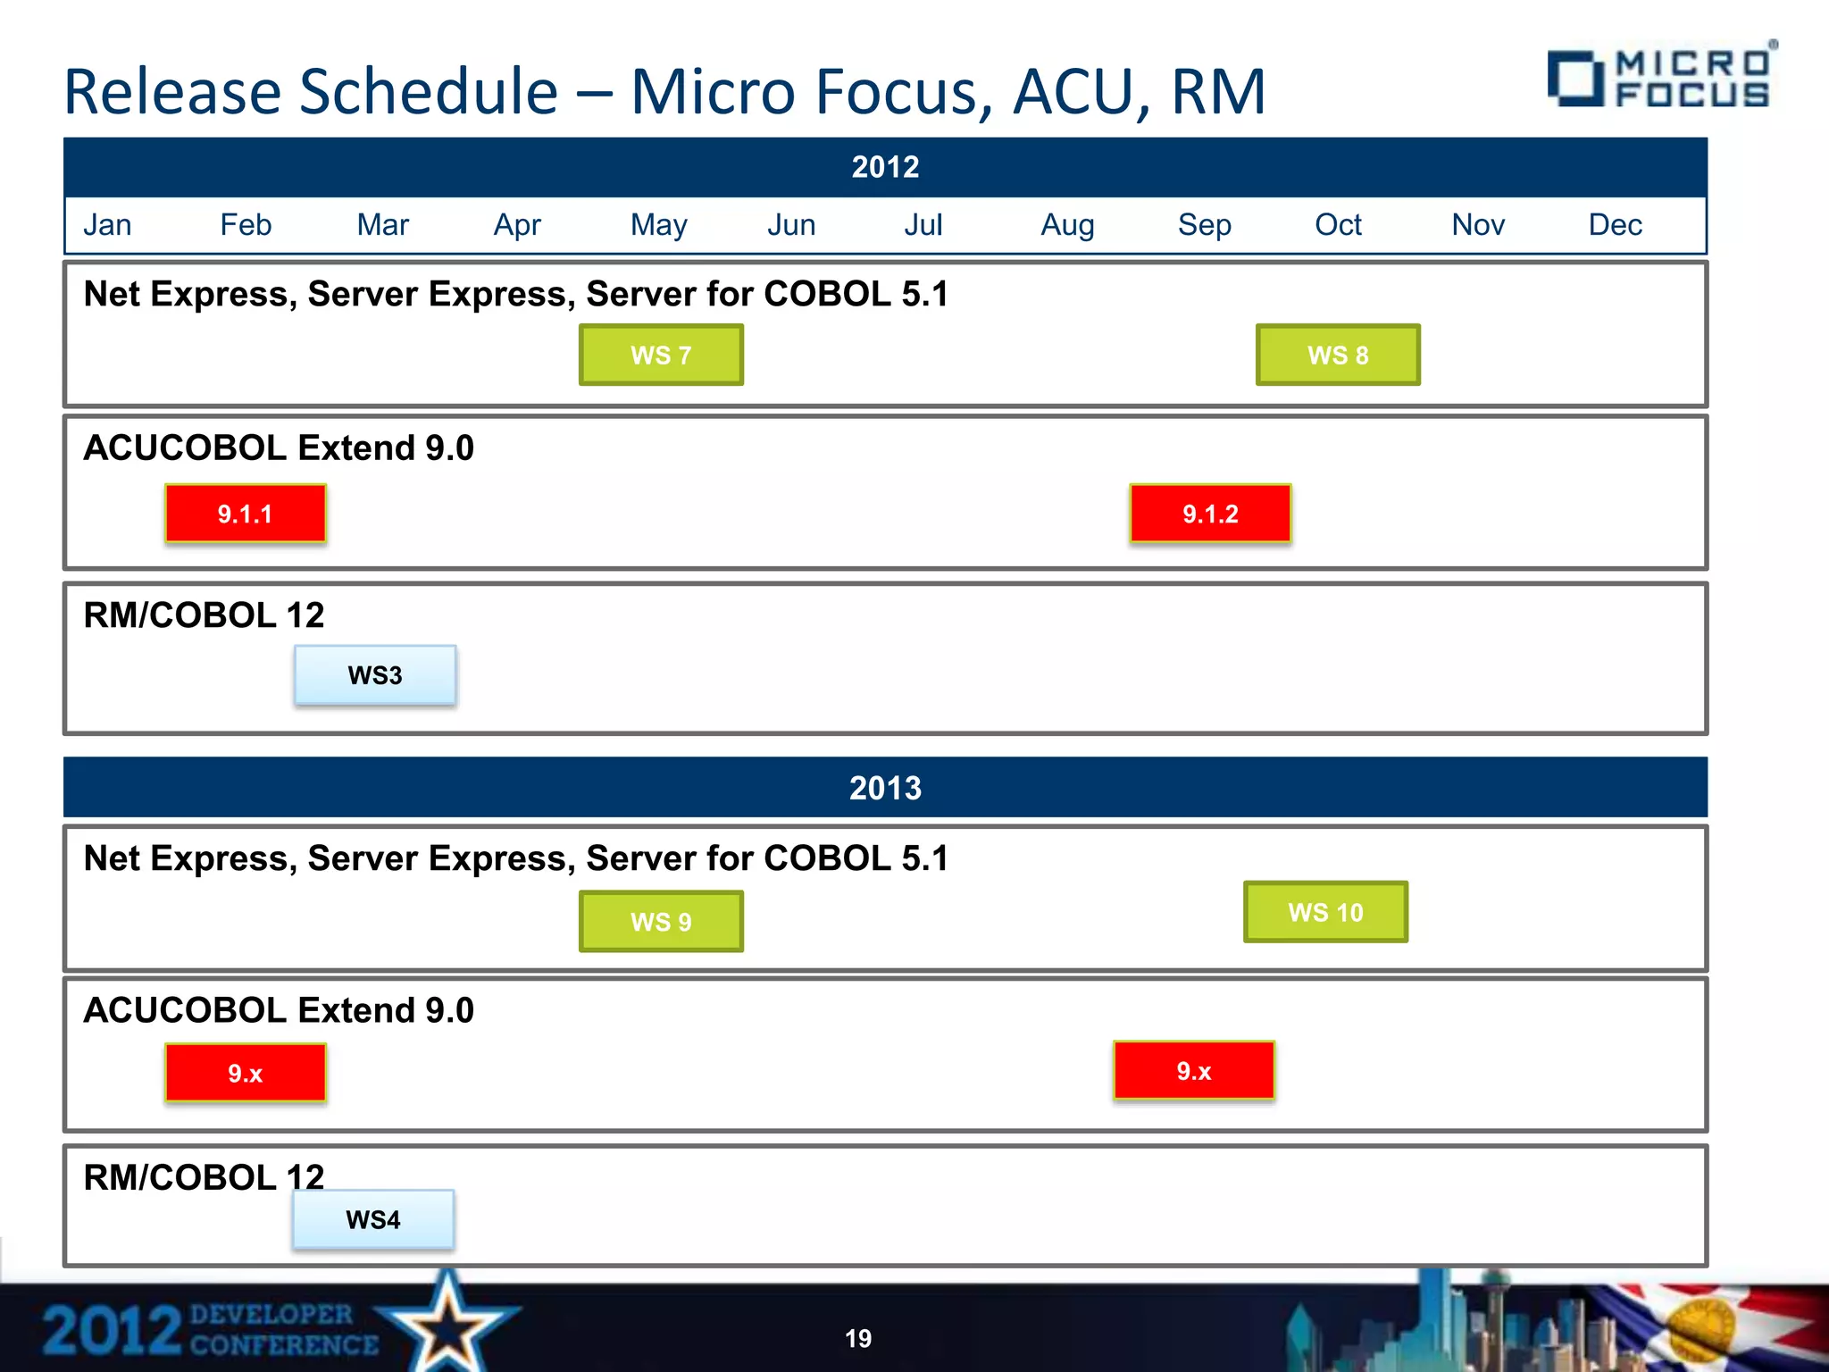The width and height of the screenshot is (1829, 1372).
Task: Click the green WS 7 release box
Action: [661, 355]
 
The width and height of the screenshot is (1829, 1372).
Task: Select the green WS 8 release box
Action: [1338, 355]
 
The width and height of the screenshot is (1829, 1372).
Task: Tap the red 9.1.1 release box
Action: [246, 514]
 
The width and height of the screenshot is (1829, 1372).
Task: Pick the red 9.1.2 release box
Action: [1210, 514]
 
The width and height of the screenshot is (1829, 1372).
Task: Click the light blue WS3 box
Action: [375, 675]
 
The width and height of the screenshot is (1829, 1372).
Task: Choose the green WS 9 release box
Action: [661, 921]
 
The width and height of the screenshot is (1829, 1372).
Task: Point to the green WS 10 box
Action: [1325, 912]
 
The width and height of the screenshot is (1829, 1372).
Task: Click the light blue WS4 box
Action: [373, 1219]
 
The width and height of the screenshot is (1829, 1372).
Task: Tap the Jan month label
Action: [107, 225]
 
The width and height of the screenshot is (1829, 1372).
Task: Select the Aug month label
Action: [1067, 225]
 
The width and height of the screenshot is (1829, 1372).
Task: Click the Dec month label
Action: [1615, 225]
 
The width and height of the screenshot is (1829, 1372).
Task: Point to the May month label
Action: [659, 225]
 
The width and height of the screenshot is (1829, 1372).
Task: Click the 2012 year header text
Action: [885, 167]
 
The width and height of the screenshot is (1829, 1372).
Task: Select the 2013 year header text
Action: [885, 788]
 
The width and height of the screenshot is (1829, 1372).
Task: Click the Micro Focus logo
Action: [1660, 78]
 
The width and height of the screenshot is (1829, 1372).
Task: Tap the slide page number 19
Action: [858, 1338]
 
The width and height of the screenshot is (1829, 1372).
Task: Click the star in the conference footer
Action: [447, 1323]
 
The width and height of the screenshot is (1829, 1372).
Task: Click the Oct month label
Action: [1338, 225]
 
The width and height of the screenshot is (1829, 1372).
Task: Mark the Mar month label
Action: [382, 225]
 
